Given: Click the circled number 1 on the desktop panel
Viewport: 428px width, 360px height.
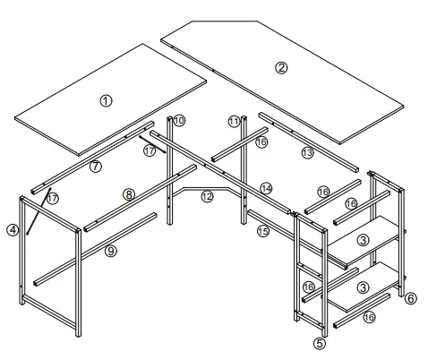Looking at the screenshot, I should click(x=107, y=100).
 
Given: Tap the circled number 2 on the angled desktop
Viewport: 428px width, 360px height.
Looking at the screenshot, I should click(x=281, y=68).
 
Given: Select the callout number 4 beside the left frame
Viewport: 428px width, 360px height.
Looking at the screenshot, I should click(x=13, y=229).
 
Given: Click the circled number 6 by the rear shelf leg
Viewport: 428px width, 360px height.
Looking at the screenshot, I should click(x=411, y=297).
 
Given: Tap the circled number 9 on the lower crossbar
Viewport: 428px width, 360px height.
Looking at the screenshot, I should click(x=110, y=252).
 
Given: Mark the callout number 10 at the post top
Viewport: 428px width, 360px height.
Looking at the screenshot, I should click(x=178, y=120).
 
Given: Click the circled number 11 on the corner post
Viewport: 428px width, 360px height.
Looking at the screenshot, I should click(x=234, y=121).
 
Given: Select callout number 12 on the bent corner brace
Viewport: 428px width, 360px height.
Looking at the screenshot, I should click(x=208, y=196).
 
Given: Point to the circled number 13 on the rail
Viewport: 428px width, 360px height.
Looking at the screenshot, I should click(x=307, y=153).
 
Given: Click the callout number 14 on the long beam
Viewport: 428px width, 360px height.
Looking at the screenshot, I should click(x=266, y=187).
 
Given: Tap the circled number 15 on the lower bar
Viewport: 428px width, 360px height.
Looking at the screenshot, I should click(x=263, y=231).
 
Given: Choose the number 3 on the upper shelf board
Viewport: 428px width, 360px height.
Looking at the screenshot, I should click(x=362, y=240).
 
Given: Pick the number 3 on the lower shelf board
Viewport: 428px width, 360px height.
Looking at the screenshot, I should click(x=362, y=287).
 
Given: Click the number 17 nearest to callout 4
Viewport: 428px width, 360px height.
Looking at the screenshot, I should click(x=52, y=197).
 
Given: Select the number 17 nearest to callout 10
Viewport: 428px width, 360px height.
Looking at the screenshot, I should click(x=150, y=150).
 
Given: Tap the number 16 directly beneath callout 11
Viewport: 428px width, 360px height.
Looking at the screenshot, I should click(x=261, y=141).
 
